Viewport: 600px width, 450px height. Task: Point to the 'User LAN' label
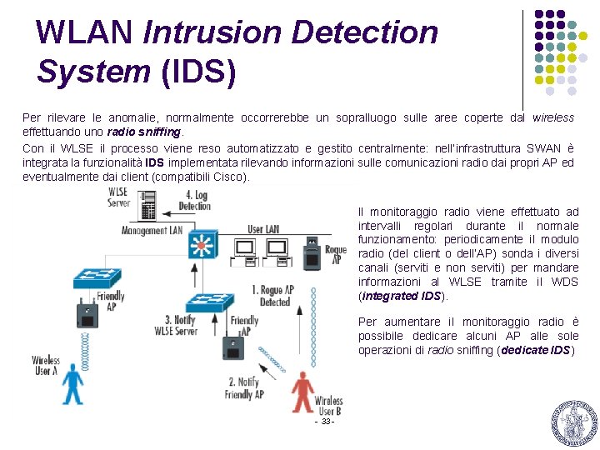(x=262, y=229)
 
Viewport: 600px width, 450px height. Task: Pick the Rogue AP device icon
(x=311, y=250)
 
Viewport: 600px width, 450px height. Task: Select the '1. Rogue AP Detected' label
(x=273, y=296)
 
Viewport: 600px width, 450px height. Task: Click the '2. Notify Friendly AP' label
(x=244, y=388)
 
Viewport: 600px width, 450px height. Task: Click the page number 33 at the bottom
(x=324, y=422)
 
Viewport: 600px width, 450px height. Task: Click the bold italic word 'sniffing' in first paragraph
(x=160, y=132)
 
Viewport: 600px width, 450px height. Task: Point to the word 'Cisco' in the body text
(x=226, y=177)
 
